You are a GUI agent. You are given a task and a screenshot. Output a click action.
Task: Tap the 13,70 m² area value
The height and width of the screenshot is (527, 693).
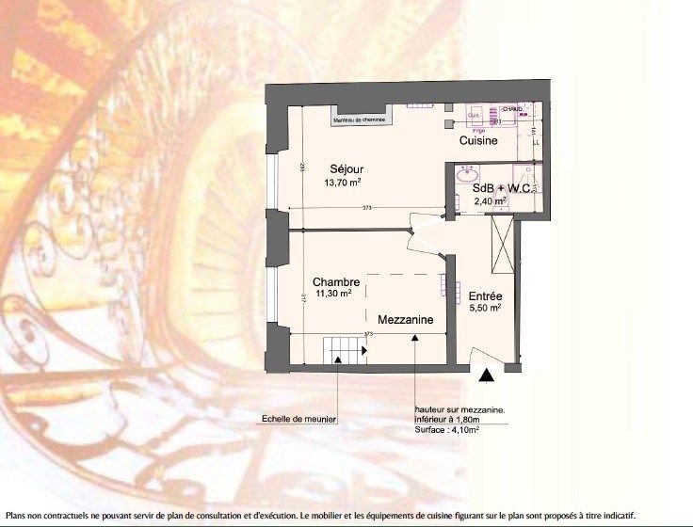[x=343, y=183]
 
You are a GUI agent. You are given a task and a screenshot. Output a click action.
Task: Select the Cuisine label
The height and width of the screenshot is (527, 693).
[x=478, y=140]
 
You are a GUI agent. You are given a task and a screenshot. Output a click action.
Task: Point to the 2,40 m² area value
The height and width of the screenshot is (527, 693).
[x=490, y=200]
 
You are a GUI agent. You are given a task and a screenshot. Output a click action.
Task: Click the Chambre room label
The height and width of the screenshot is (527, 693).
[x=336, y=281]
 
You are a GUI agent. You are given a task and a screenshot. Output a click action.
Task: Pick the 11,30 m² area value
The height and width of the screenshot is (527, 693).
[x=332, y=294]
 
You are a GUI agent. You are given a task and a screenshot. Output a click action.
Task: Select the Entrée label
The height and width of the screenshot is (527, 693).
[x=485, y=295]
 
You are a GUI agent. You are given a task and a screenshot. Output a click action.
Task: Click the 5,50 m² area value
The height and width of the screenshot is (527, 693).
[x=485, y=308]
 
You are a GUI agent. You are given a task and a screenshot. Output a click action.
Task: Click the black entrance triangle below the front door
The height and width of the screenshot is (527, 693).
[x=486, y=375]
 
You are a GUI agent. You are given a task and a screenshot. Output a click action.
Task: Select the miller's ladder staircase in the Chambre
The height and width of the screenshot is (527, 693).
[x=345, y=350]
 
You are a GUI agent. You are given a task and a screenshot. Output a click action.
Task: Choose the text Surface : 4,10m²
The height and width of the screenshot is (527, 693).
[x=447, y=430]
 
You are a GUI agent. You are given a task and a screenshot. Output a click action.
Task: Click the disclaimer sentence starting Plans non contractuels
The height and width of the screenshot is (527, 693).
[x=321, y=515]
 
